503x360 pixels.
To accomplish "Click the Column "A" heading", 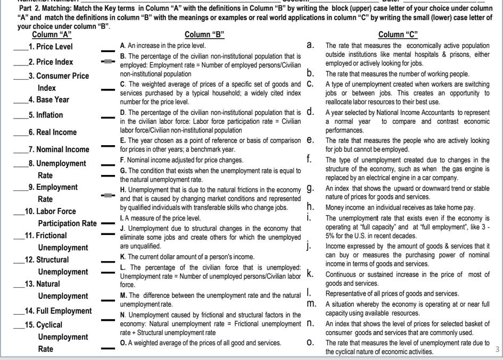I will pos(51,35).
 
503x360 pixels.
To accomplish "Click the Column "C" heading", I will pos(398,35).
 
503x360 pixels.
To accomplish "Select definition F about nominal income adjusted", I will pos(182,160).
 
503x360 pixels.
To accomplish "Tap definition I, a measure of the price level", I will pos(161,218).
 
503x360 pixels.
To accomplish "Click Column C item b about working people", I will pos(397,74).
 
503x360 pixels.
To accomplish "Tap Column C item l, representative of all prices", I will pos(392,294).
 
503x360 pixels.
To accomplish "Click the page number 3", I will pos(497,349).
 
